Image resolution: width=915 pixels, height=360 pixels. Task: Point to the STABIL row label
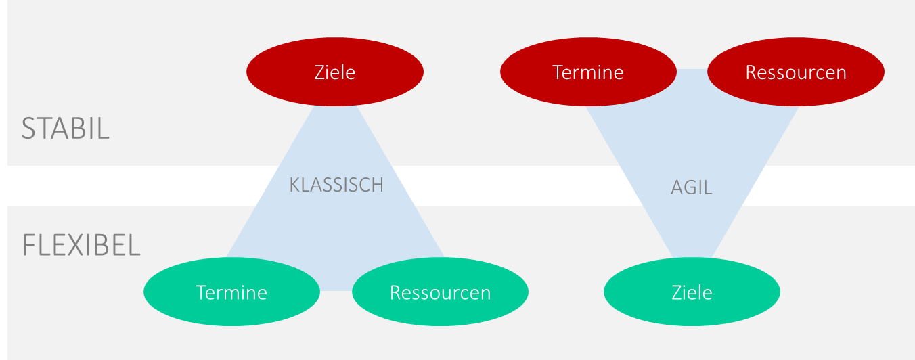click(x=65, y=129)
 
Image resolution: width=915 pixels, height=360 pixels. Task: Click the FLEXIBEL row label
click(x=81, y=245)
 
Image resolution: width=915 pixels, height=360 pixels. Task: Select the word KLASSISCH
click(x=336, y=185)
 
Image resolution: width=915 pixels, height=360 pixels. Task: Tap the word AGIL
click(x=691, y=187)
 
